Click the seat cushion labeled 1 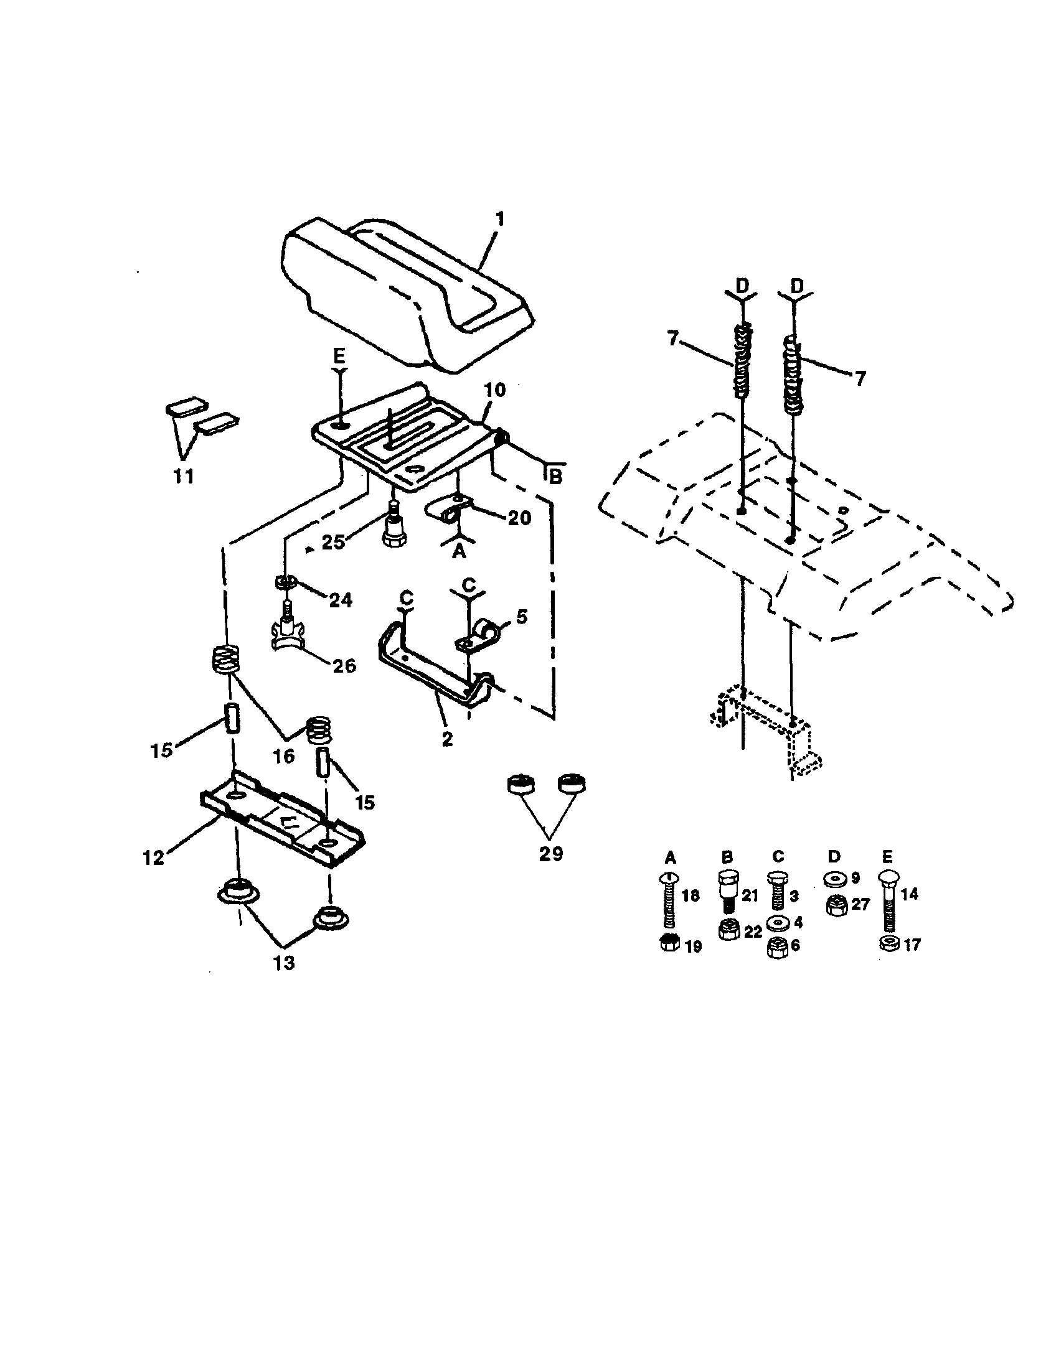[402, 294]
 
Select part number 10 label [495, 390]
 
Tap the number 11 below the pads [183, 476]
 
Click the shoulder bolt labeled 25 [392, 530]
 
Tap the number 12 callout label [153, 857]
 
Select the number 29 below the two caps [550, 853]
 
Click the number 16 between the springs [283, 757]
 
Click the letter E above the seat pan [339, 357]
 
